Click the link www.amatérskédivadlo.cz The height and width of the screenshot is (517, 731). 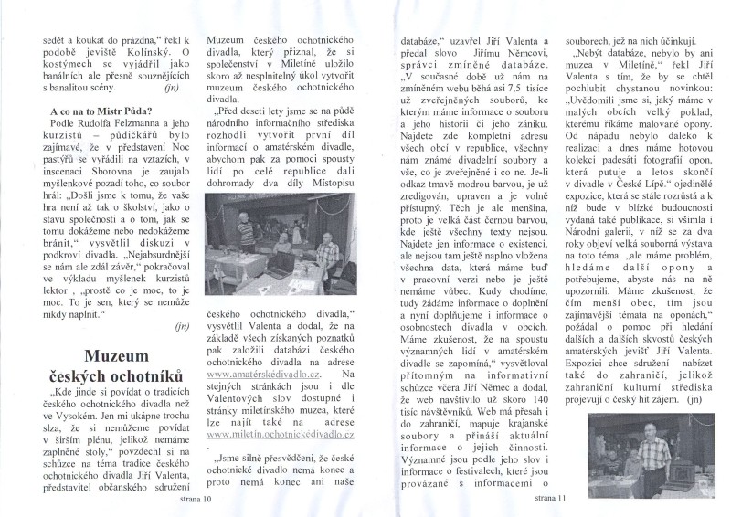[264, 398]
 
